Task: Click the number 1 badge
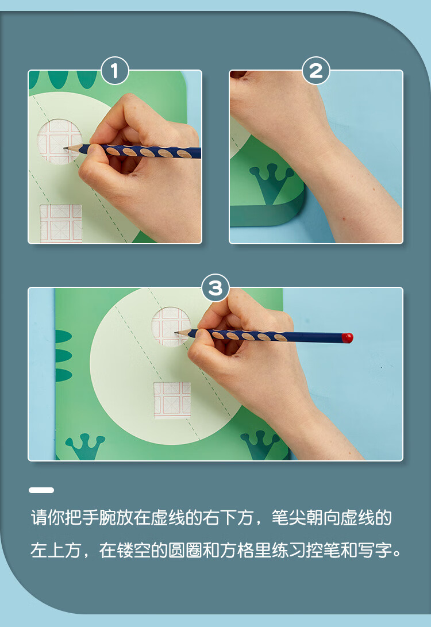pos(115,71)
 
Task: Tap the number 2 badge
pos(315,71)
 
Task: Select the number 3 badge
pos(215,288)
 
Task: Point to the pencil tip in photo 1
pos(66,147)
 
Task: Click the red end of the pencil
pos(347,337)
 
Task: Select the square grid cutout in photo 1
pos(60,223)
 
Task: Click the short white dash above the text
pos(41,490)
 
